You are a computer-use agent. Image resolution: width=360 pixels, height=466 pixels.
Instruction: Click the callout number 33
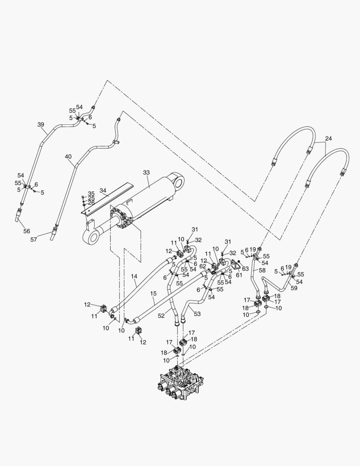click(x=146, y=172)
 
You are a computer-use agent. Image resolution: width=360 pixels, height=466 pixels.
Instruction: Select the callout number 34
click(x=103, y=190)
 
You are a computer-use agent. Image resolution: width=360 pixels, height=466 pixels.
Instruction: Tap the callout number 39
click(x=41, y=125)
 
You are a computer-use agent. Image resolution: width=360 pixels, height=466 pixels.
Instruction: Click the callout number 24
click(x=329, y=139)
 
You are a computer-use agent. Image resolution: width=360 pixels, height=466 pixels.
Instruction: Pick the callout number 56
click(x=27, y=231)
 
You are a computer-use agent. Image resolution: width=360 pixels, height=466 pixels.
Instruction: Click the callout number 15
click(x=153, y=294)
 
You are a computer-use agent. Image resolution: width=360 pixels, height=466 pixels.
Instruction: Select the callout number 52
click(x=161, y=316)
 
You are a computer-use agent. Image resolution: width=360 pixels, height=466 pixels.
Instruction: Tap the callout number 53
click(x=197, y=314)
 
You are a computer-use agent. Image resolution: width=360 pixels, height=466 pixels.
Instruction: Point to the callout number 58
click(x=262, y=270)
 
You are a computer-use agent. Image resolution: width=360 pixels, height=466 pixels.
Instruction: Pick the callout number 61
click(x=239, y=275)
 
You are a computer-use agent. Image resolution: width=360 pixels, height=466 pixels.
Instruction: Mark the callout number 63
click(x=245, y=269)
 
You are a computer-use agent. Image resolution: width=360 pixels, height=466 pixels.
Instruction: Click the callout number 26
click(x=91, y=202)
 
